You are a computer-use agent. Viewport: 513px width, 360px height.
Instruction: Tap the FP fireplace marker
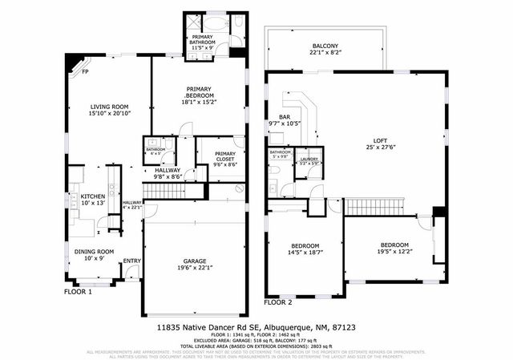click(x=84, y=71)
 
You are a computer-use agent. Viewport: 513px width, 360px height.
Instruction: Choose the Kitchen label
click(x=92, y=200)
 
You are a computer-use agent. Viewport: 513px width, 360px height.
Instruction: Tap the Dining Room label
click(x=94, y=255)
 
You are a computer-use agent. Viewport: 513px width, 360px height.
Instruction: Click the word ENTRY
click(x=132, y=261)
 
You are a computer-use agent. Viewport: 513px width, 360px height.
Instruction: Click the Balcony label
click(x=325, y=49)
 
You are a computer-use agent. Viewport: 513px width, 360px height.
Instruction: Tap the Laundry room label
click(x=308, y=160)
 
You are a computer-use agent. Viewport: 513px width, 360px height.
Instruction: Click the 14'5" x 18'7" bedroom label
click(x=305, y=249)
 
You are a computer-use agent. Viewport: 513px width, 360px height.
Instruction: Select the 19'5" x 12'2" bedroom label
click(x=394, y=249)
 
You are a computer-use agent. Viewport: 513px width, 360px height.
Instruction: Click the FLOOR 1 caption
click(x=79, y=293)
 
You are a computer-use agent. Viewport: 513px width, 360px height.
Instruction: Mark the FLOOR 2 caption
click(x=279, y=303)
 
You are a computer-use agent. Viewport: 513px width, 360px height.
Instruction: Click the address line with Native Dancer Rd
click(x=256, y=327)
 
